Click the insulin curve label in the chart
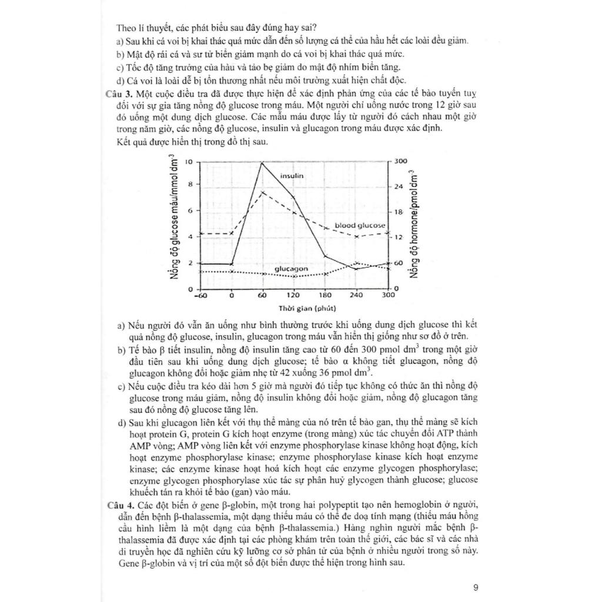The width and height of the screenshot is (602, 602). click(292, 175)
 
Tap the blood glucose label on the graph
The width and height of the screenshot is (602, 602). click(360, 225)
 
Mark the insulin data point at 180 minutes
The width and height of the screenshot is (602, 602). click(325, 256)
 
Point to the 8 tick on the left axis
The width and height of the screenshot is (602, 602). click(190, 184)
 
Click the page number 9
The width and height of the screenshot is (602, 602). click(476, 586)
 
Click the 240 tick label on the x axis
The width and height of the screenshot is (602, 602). click(356, 295)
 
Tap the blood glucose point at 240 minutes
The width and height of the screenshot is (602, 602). click(356, 236)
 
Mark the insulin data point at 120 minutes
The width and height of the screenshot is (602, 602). click(293, 197)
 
